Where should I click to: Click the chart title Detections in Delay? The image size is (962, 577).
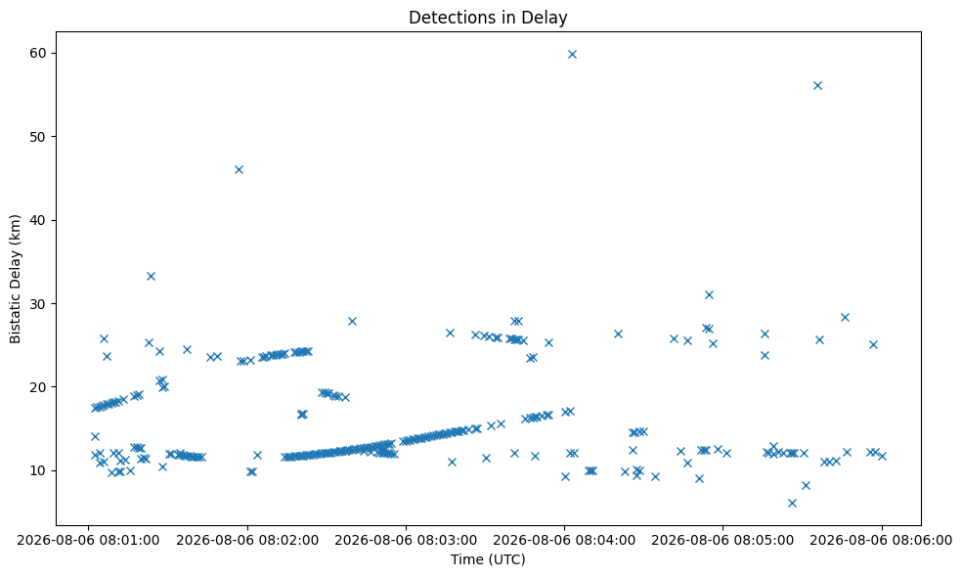(x=488, y=18)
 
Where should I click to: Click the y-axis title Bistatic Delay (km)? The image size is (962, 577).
(x=16, y=279)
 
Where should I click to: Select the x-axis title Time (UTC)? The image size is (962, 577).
(x=488, y=559)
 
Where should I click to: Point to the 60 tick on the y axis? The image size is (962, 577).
(x=39, y=54)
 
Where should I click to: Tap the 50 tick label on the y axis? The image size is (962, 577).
(x=39, y=137)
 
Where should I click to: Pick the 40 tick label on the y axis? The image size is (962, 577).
(x=39, y=220)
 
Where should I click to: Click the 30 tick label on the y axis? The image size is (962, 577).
(x=39, y=304)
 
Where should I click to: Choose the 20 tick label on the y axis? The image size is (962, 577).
(x=39, y=387)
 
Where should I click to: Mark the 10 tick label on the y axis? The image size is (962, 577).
(x=39, y=470)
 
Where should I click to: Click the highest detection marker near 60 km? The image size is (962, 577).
(x=573, y=54)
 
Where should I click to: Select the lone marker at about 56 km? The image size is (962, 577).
(x=818, y=85)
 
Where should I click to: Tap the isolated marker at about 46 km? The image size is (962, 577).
(x=240, y=169)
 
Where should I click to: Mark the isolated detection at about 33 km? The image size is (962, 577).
(x=151, y=276)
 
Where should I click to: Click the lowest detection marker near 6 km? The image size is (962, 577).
(x=792, y=503)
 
